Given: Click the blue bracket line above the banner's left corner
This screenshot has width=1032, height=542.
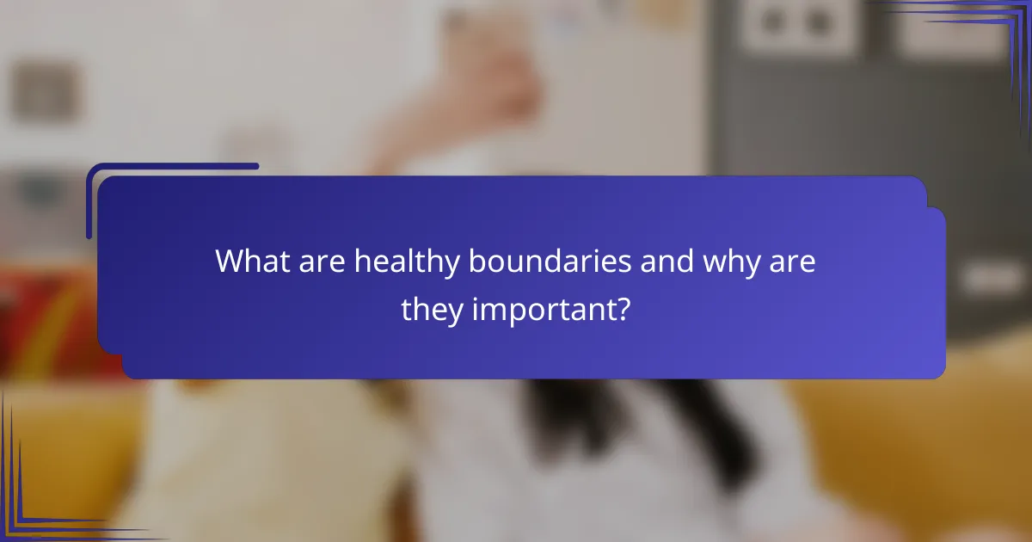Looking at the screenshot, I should [172, 167].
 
